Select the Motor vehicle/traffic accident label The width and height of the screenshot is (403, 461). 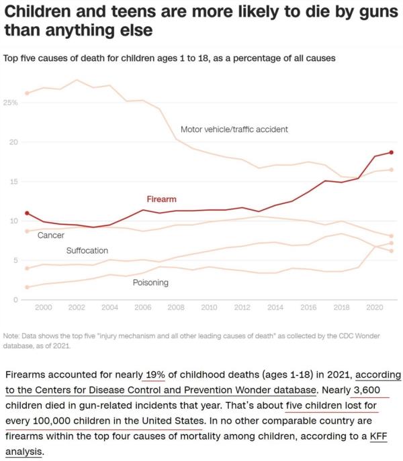[234, 129]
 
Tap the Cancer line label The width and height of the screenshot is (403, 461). [51, 236]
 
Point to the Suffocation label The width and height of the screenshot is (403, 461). [87, 250]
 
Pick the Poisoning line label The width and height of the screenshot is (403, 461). [150, 283]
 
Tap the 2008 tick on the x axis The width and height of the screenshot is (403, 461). [175, 307]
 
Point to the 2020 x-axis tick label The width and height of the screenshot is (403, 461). [373, 307]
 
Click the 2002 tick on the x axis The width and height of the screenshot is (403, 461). [77, 307]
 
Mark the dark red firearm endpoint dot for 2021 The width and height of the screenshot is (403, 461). [391, 152]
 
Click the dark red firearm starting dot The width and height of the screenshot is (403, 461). [27, 213]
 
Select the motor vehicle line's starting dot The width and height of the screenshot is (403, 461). [27, 93]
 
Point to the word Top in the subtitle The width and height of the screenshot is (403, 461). [11, 58]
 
